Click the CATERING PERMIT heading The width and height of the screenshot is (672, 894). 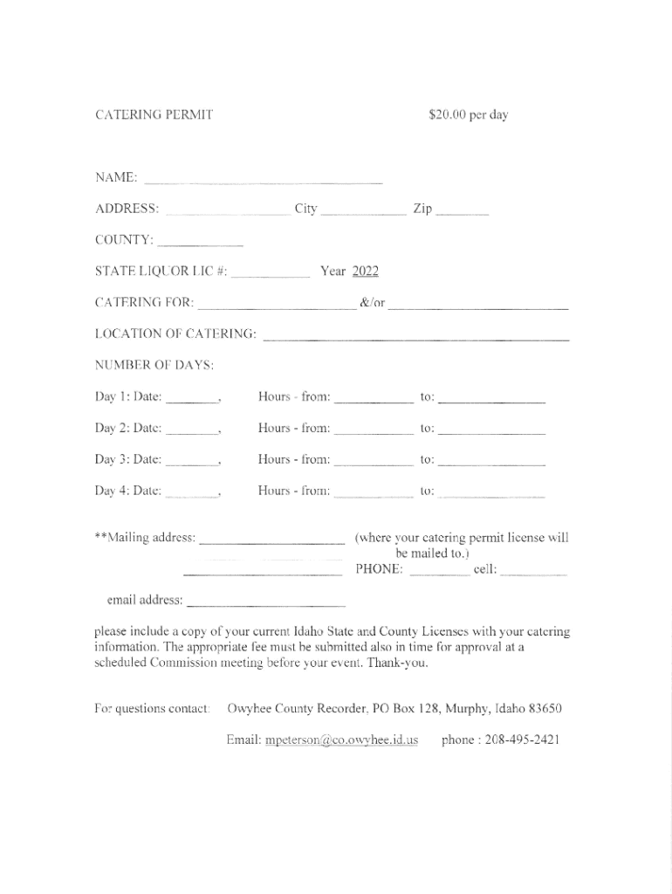(154, 114)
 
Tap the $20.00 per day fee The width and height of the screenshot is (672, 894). (468, 114)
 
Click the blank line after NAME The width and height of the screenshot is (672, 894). (263, 181)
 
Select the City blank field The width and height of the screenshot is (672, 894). (363, 211)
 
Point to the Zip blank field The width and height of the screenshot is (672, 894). (462, 211)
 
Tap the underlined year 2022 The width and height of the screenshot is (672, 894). (365, 272)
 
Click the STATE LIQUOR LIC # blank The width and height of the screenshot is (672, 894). (271, 274)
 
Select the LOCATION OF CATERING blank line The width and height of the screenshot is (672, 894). (415, 336)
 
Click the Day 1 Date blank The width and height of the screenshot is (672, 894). (192, 400)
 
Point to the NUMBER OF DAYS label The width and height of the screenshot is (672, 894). (154, 365)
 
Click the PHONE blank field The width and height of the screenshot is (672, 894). (439, 573)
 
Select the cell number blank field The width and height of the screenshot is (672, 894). (534, 573)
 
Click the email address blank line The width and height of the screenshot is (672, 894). (266, 603)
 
